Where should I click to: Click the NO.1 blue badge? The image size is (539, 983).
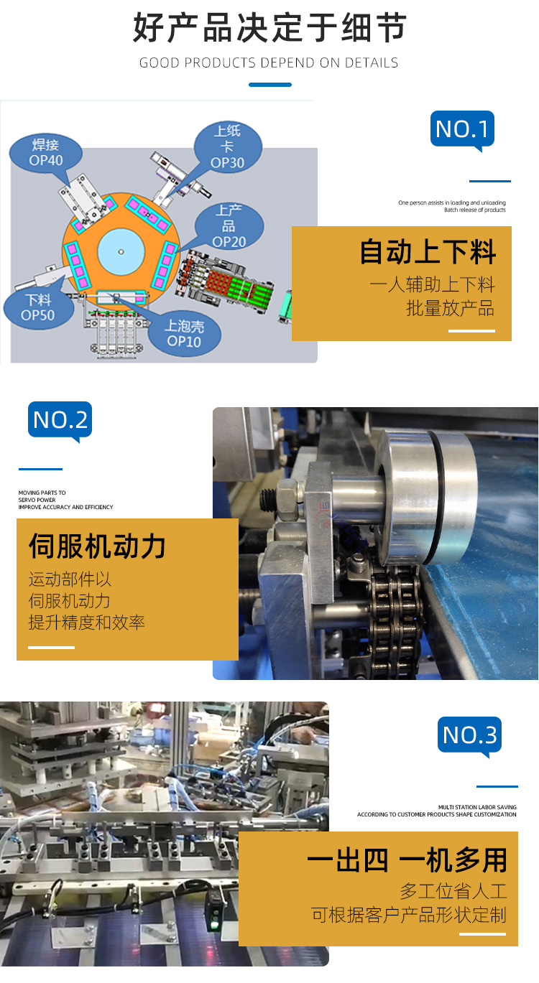462,129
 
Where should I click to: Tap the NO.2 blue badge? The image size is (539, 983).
60,420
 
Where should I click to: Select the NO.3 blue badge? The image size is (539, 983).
469,735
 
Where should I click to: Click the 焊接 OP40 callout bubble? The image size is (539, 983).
46,153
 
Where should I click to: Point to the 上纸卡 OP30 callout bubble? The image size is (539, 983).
228,147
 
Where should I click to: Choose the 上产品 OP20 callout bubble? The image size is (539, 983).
229,226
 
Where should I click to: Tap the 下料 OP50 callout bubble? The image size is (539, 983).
38,307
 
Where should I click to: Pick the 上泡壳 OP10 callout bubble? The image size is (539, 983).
185,334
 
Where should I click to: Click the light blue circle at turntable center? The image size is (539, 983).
121,252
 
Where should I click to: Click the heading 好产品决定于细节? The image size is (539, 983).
269,27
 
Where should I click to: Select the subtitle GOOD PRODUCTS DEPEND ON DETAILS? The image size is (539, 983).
269,62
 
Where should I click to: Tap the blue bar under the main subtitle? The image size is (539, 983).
270,85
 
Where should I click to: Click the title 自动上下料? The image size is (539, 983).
428,252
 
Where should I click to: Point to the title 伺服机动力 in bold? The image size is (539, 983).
97,546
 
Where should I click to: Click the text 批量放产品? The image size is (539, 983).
451,308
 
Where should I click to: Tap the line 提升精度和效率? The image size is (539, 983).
86,623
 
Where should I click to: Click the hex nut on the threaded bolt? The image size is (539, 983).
287,497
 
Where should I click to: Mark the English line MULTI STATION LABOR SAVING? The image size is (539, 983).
477,807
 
